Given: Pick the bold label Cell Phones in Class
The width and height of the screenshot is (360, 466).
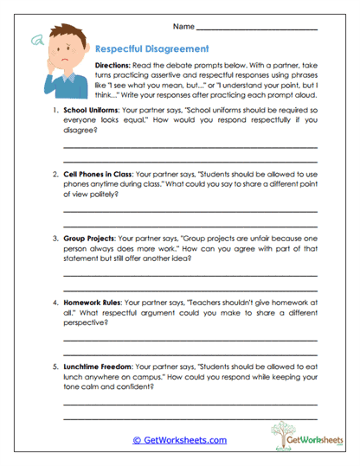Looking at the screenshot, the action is coord(98,174).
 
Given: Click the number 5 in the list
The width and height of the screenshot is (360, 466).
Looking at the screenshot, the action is coord(55,367).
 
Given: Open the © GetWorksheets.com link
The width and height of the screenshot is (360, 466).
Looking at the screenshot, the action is coord(179,439).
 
